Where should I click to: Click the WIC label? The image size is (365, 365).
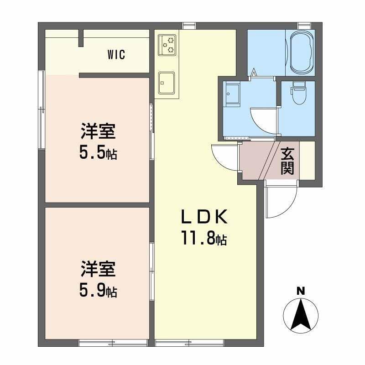coord(116,55)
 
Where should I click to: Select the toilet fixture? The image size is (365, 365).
coord(299,94)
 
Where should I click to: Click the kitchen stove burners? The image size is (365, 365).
coord(167,44)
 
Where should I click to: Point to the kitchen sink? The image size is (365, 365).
coord(167,82)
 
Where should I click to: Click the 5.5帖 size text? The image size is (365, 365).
coord(98,153)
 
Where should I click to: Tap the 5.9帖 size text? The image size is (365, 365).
coord(98,289)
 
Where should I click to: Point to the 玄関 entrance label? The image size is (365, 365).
coord(287,161)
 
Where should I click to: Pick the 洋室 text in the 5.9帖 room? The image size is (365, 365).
coord(98,269)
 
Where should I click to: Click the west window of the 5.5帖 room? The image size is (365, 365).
coord(42,109)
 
